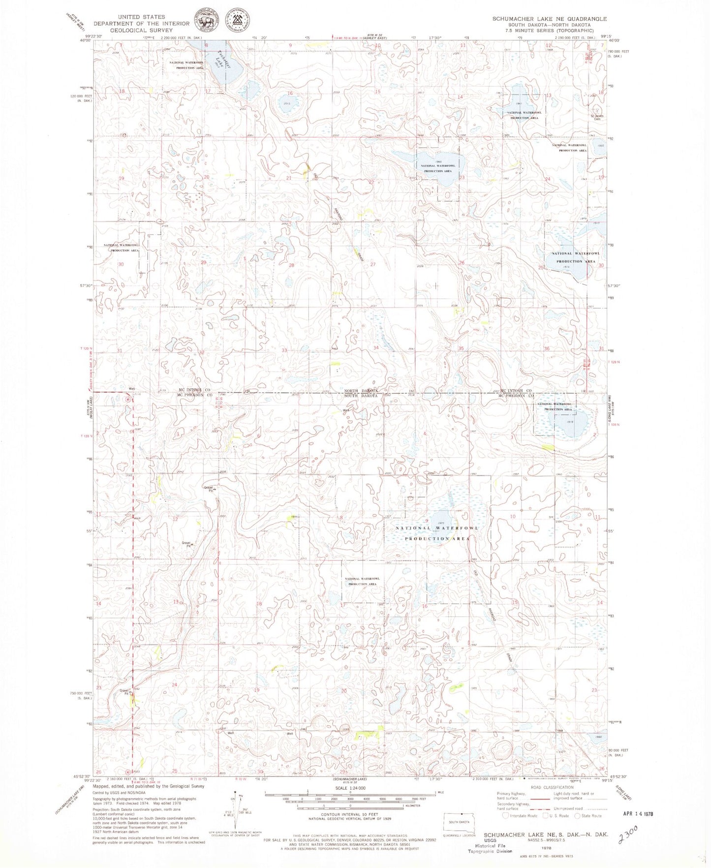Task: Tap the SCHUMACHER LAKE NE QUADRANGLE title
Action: point(549,19)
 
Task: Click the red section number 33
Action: point(284,350)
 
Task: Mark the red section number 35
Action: point(461,348)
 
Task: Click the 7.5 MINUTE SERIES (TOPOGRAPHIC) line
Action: point(550,31)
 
